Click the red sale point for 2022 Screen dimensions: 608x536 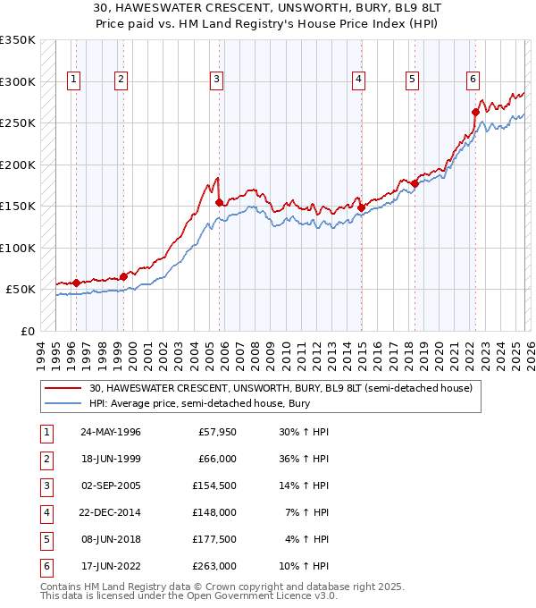[x=475, y=112]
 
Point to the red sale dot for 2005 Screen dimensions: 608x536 [x=219, y=202]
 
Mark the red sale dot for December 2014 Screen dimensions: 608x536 [x=362, y=207]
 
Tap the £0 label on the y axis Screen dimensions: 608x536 [x=27, y=331]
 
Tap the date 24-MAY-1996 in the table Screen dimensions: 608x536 [x=110, y=432]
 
